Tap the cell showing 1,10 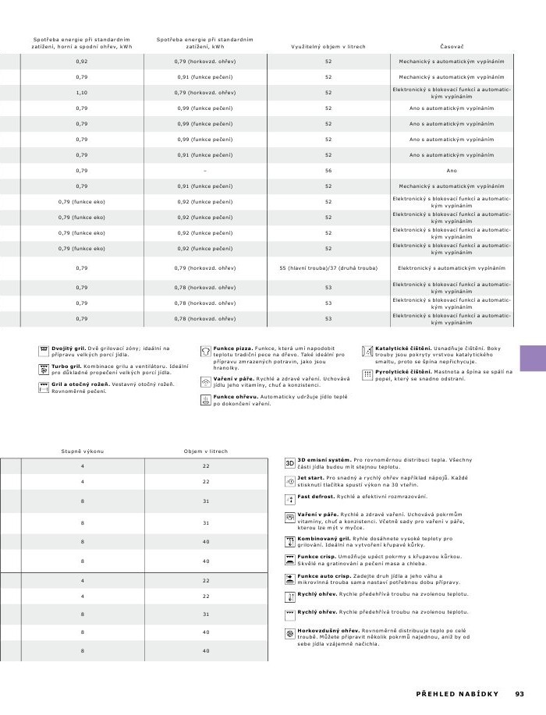[82, 93]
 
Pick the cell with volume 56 [328, 170]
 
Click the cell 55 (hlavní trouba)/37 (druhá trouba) [328, 268]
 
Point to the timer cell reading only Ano [452, 170]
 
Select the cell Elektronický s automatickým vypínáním [452, 268]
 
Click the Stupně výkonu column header [82, 451]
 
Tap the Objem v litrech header [206, 451]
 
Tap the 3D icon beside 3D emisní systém [289, 462]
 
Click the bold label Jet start [311, 477]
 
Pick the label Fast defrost [316, 496]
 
